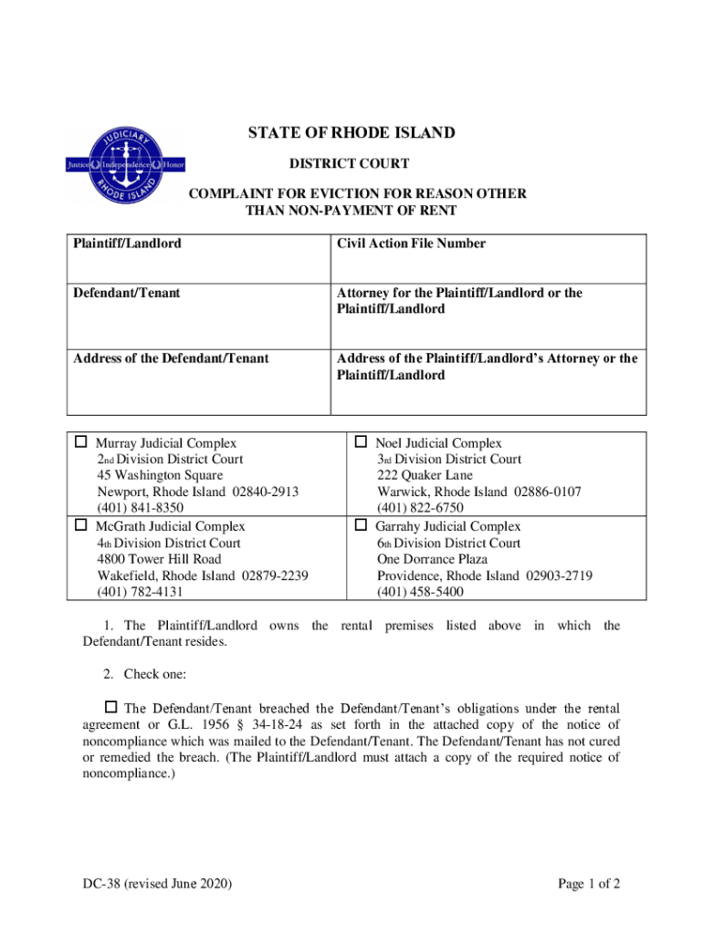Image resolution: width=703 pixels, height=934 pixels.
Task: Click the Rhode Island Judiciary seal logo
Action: coord(113,164)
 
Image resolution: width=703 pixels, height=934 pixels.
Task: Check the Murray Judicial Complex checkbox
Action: coord(80,443)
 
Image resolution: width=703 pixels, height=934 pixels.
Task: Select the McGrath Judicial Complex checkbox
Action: coord(80,526)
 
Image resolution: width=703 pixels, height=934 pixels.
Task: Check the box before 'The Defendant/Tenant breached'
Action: coord(111,707)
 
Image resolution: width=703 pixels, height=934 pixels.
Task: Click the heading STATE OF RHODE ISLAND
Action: coord(351,133)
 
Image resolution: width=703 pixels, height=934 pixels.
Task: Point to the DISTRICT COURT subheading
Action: coord(350,164)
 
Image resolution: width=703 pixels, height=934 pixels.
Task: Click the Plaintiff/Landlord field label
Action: coord(127,244)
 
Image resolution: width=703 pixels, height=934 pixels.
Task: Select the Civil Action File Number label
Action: coord(411,244)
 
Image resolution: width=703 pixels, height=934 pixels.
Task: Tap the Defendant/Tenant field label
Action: coord(126,293)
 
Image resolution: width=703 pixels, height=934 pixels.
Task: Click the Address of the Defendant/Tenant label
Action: coord(171,358)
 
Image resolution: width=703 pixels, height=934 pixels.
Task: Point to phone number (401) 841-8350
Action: coord(141,508)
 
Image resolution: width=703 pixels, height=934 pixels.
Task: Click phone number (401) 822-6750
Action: coord(420,508)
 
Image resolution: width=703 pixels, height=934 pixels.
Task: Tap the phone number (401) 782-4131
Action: coord(141,592)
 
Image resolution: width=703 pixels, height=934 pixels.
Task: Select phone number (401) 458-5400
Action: coord(420,592)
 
